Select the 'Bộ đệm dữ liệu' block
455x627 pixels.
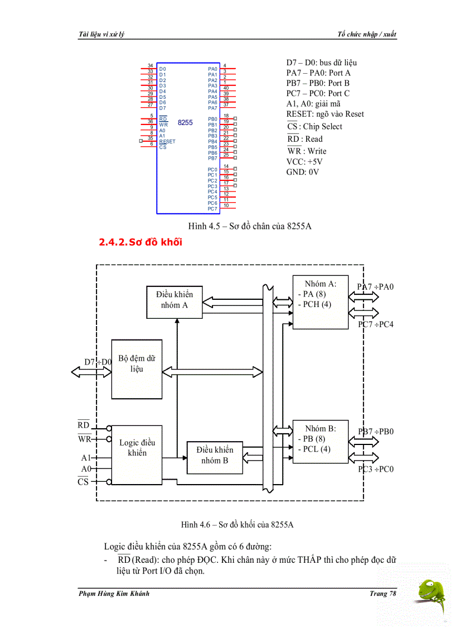coord(137,369)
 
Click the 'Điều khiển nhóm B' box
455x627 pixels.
coord(215,455)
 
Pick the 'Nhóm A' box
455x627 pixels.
coord(320,302)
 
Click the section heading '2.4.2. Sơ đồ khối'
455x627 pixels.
coord(140,242)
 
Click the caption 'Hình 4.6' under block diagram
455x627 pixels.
coord(237,524)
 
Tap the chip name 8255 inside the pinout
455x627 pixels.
coord(185,122)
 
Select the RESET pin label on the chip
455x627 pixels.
coord(167,142)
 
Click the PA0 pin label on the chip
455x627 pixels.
coord(212,69)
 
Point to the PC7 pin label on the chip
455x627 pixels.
coord(212,209)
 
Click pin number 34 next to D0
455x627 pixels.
coord(151,66)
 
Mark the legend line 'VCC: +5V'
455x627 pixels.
coord(304,162)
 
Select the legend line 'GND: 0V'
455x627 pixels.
coord(302,172)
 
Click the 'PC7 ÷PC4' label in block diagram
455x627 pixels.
coord(375,324)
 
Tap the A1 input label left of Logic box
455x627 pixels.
coord(86,458)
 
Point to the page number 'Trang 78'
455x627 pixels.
coord(383,594)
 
